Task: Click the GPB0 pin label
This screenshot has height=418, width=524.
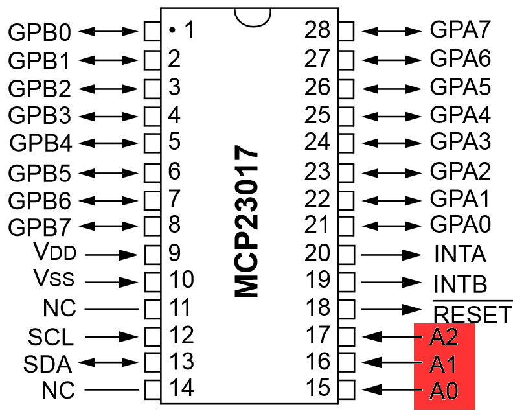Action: click(x=39, y=31)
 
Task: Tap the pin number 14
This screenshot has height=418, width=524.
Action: click(x=181, y=389)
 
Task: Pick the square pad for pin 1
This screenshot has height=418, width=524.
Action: click(x=152, y=30)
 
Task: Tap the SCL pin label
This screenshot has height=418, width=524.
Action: click(x=51, y=337)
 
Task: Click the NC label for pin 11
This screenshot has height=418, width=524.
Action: click(x=59, y=308)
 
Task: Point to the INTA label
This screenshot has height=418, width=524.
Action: click(x=460, y=254)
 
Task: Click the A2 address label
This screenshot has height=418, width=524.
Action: click(x=444, y=337)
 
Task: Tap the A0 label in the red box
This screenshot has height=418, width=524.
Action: click(x=444, y=391)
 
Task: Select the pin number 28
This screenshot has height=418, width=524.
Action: click(x=317, y=30)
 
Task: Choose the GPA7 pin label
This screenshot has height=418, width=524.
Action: click(x=460, y=30)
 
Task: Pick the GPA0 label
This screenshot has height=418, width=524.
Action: click(x=460, y=225)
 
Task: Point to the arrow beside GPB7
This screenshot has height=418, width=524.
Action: click(x=109, y=227)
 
